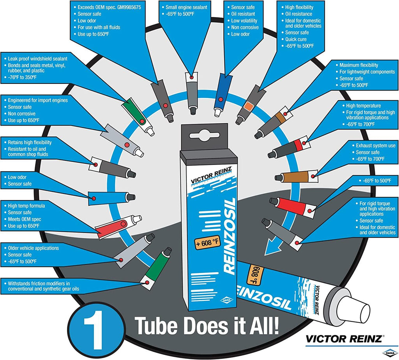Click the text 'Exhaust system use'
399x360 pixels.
pos(376,145)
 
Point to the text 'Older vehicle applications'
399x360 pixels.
pos(34,248)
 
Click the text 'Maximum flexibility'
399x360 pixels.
pos(358,65)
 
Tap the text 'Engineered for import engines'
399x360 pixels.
pos(38,100)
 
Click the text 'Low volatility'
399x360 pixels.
pos(244,21)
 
